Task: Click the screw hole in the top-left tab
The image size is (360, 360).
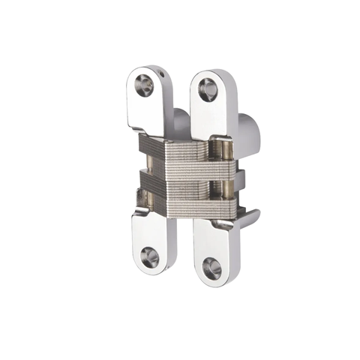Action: tap(145, 85)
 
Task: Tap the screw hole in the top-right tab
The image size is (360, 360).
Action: tap(206, 90)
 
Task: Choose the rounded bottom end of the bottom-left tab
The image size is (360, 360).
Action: tap(153, 268)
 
